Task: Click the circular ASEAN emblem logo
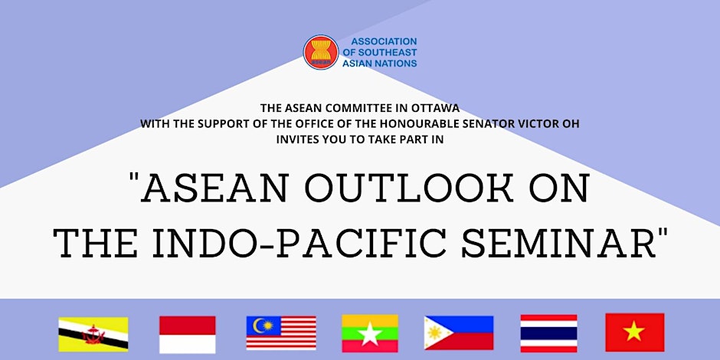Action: [320, 52]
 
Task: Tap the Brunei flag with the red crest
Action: [93, 334]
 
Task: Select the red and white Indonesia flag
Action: [188, 334]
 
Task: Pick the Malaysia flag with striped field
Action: [281, 333]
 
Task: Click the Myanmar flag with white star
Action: [370, 333]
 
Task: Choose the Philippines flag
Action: [459, 333]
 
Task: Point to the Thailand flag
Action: [548, 333]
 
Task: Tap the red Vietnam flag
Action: [634, 332]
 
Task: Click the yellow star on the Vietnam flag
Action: [634, 331]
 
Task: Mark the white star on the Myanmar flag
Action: [370, 334]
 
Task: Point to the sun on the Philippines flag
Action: [434, 332]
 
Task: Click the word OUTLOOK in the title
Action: [409, 188]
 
